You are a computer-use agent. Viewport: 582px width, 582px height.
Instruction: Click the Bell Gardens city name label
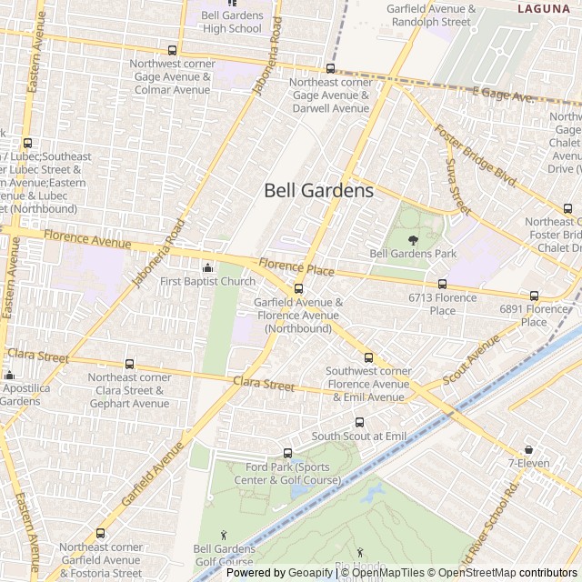(x=318, y=191)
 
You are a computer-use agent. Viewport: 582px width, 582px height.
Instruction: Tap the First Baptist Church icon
(x=208, y=266)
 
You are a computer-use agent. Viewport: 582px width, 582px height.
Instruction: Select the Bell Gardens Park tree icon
(x=413, y=240)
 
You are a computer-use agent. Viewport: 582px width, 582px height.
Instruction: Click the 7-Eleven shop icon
(x=528, y=449)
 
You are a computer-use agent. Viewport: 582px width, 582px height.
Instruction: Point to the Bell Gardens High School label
(x=231, y=22)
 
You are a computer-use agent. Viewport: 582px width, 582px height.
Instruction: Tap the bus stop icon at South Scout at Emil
(x=359, y=422)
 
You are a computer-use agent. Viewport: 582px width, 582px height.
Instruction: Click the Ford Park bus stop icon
(x=288, y=453)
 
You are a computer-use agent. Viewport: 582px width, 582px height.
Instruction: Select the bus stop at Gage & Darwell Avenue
(x=330, y=68)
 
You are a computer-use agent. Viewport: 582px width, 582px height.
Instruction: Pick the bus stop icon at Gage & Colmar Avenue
(x=172, y=50)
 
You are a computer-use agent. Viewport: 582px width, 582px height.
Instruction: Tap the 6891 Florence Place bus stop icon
(x=534, y=295)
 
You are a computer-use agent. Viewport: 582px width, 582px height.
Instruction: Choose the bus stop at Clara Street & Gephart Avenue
(x=129, y=364)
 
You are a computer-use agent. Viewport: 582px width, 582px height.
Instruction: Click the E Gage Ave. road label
(x=503, y=95)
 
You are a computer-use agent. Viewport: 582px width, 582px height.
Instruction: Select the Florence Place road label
(x=296, y=270)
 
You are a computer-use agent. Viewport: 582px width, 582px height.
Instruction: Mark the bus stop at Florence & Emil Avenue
(x=368, y=357)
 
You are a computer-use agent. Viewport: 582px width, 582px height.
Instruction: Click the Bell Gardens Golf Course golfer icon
(x=224, y=534)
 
